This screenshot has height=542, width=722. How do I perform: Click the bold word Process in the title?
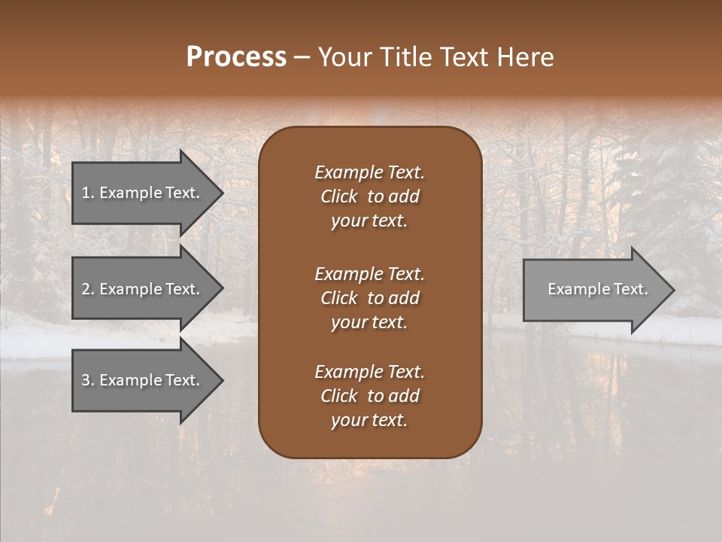click(236, 57)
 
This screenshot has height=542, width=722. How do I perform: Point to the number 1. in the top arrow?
click(88, 193)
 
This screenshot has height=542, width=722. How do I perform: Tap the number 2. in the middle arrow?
click(88, 289)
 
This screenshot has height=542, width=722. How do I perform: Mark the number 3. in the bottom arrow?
click(88, 380)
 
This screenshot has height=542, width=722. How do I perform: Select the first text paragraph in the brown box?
click(369, 196)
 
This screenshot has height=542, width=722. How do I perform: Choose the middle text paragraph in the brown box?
click(369, 298)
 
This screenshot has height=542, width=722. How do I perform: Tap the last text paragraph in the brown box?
click(369, 396)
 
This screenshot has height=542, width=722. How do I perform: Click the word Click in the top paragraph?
click(338, 196)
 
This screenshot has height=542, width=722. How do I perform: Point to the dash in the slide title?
click(302, 57)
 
